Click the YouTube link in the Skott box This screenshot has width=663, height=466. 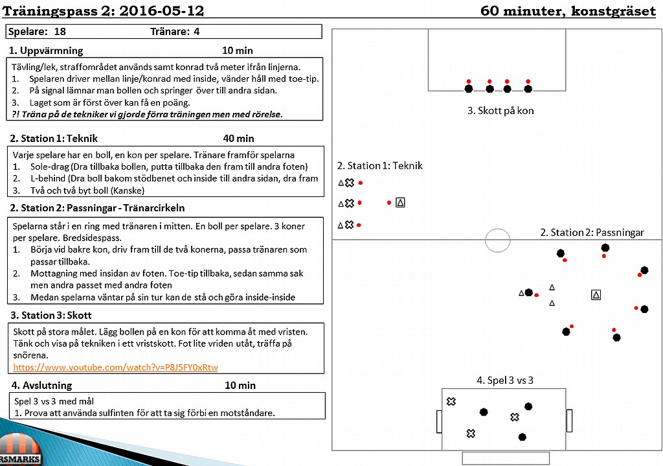[x=115, y=367]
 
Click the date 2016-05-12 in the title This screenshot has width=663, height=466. [x=161, y=10]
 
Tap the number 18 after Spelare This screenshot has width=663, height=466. [x=60, y=31]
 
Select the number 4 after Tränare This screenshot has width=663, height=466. [x=197, y=31]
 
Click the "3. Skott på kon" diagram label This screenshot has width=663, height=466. [x=500, y=110]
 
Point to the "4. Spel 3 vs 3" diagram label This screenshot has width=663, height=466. [x=505, y=380]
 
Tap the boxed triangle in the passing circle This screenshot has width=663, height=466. [x=596, y=295]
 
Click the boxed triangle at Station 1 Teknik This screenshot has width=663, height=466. [x=400, y=203]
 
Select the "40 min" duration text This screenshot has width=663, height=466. [x=238, y=139]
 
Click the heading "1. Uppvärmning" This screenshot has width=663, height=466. [x=46, y=51]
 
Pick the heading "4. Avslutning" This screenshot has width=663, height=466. [x=41, y=385]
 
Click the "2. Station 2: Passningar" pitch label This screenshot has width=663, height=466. [x=592, y=233]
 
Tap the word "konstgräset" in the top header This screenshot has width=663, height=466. [x=614, y=10]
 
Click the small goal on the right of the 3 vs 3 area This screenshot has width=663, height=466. [x=569, y=421]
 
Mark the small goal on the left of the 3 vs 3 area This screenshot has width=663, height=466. [x=440, y=421]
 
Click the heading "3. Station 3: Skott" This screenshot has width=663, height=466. [x=51, y=316]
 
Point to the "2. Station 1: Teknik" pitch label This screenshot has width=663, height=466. [x=379, y=165]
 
